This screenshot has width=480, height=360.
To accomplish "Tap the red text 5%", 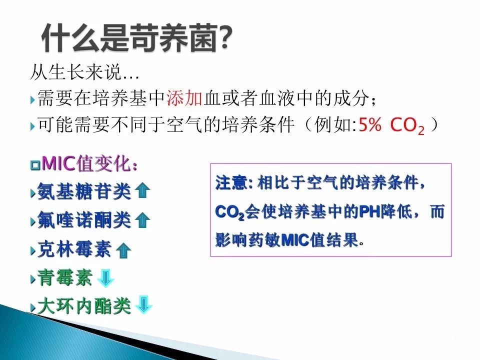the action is (x=370, y=124).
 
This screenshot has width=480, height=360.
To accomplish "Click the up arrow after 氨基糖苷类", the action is (x=142, y=190).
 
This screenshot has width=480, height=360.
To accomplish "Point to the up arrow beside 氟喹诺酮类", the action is (x=142, y=220).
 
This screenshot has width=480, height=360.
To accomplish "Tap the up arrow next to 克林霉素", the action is (x=123, y=250).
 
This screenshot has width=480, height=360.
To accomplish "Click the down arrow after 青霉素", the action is (x=105, y=278).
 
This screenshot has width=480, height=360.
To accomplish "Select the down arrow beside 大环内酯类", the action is (x=143, y=304).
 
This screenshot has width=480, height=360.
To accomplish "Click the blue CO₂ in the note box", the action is (x=230, y=212).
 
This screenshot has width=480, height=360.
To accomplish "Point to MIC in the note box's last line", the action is (x=295, y=240).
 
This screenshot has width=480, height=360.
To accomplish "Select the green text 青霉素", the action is (x=64, y=278).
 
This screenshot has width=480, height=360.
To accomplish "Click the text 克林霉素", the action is (x=74, y=249).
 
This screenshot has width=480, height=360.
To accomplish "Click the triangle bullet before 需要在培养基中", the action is (x=33, y=100).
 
